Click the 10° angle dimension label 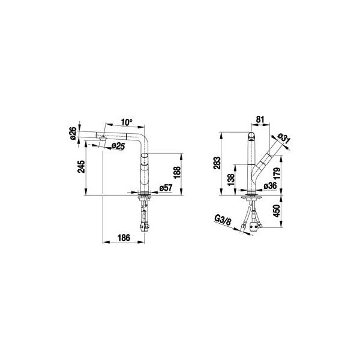coord(127,122)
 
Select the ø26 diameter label coord(73,133)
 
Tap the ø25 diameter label coord(118,146)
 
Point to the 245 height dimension coord(81,166)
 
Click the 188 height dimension coord(177,172)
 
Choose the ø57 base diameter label coord(166,188)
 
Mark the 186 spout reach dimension coord(124,238)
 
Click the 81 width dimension coord(260,119)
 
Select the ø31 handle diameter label coord(284,139)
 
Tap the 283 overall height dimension coord(217,163)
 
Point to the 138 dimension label coord(232,180)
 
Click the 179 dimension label coord(277,173)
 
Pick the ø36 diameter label coord(270,185)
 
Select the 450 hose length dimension coord(277,211)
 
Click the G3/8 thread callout coord(223,220)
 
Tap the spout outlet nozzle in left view coord(102,138)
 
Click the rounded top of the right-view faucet coord(251,136)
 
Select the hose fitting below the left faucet coord(144,227)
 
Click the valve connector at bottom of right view coord(254,227)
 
